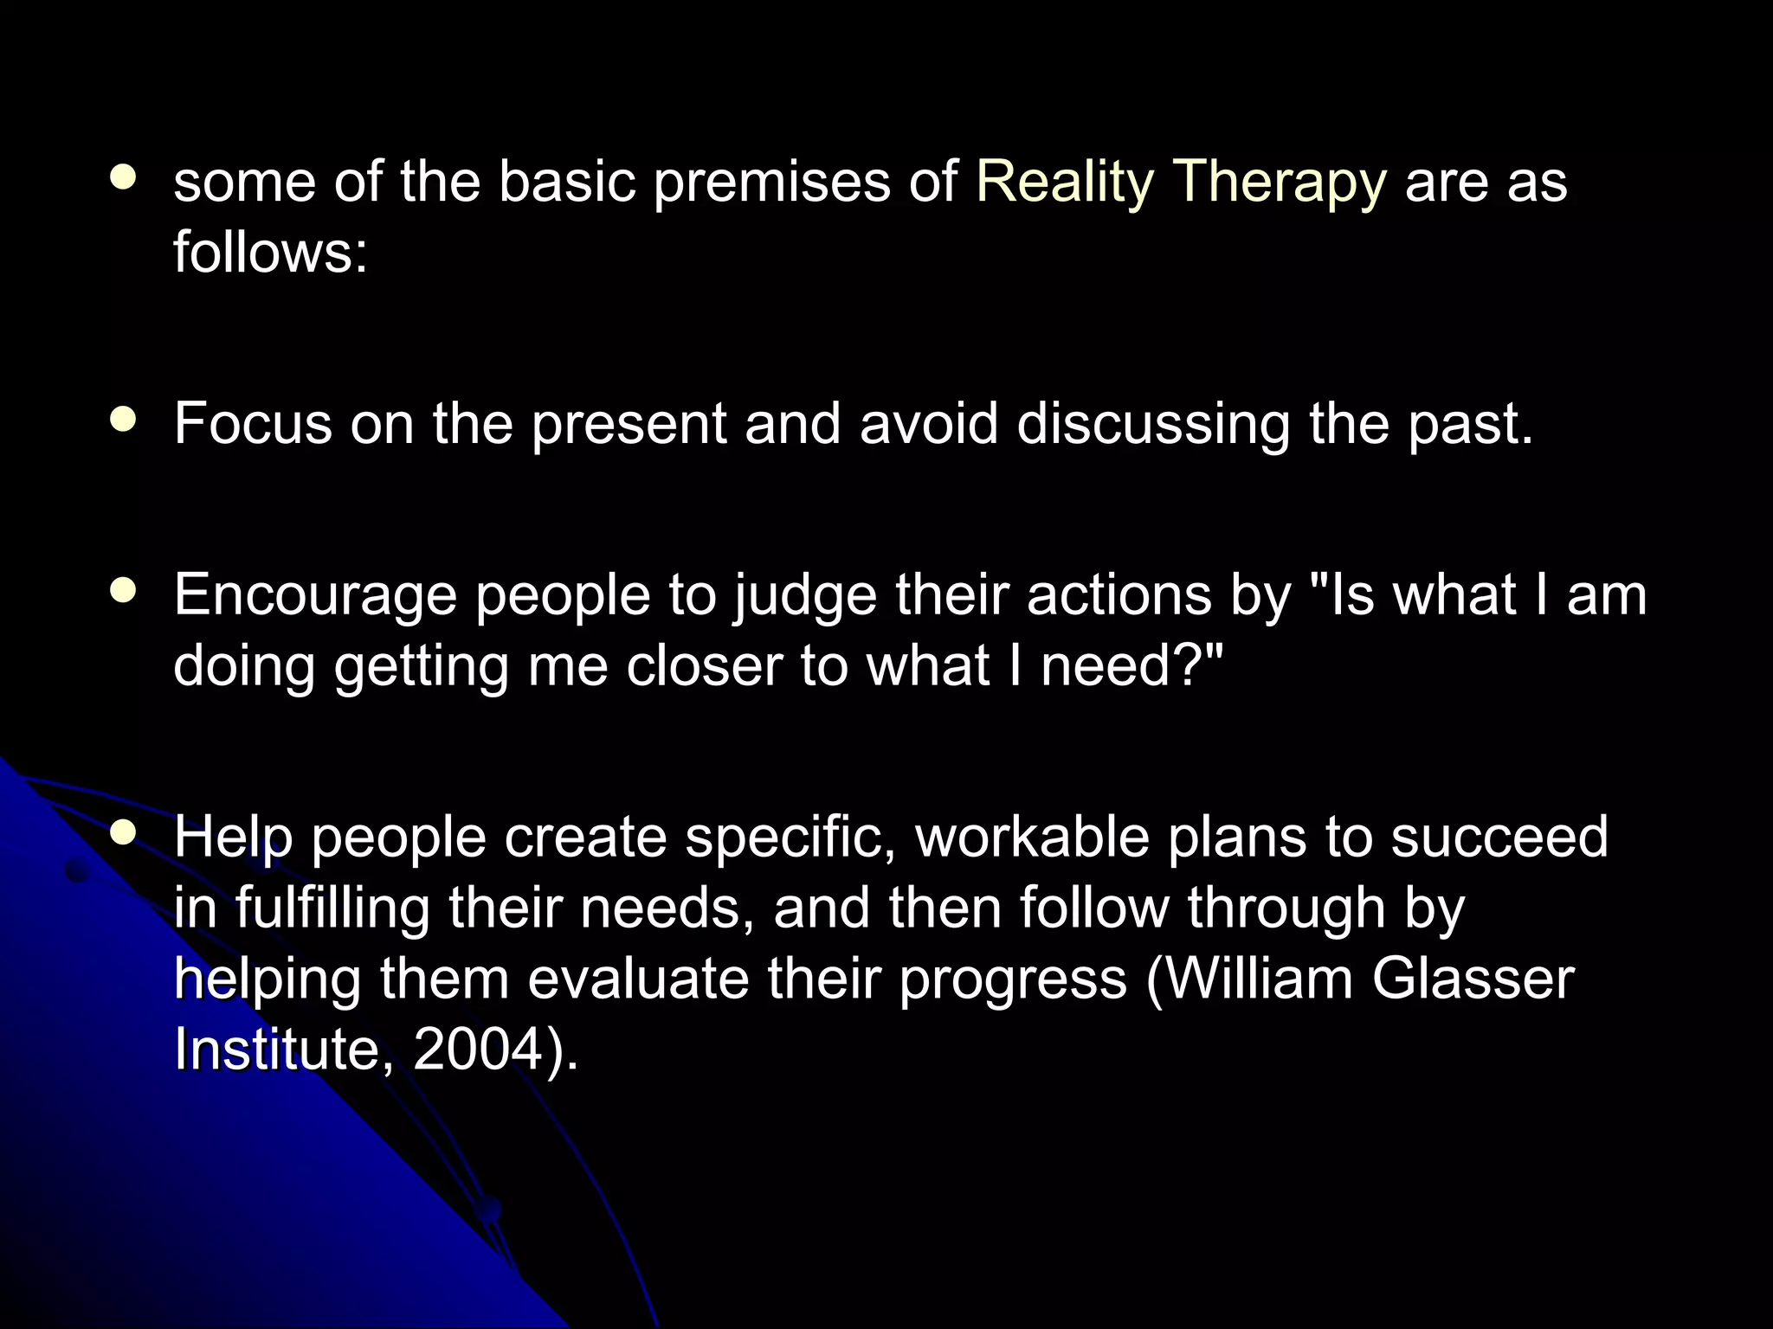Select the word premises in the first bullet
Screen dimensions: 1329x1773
772,183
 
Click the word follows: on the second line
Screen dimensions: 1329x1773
271,253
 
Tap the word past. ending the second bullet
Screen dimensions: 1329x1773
1470,424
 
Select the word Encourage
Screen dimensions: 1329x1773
315,596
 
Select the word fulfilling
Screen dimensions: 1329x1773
332,908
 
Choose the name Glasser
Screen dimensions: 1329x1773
1473,979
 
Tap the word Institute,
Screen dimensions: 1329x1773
277,1050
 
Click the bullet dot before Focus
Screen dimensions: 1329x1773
124,421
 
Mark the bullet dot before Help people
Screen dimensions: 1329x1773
124,833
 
